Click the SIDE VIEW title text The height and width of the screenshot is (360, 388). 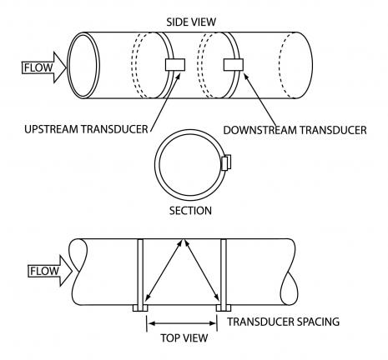point(191,22)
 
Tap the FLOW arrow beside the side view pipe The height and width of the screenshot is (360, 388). point(44,67)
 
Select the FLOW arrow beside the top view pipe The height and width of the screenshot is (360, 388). point(50,271)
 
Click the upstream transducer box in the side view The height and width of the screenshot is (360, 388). point(175,65)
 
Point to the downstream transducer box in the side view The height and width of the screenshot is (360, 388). point(234,65)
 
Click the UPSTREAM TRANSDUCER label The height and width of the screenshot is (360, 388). point(86,129)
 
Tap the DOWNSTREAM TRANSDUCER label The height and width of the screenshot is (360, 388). point(295,130)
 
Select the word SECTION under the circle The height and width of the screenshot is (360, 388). point(190,211)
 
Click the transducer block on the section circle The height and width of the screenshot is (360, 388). point(226,162)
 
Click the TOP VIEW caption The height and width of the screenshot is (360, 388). point(184,337)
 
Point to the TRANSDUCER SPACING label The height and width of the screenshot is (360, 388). point(284,322)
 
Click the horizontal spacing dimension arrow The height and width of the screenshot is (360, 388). point(182,323)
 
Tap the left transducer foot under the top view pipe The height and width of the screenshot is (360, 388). point(140,308)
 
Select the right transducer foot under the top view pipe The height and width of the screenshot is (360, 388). point(224,308)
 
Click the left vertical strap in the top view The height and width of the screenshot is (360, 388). point(140,272)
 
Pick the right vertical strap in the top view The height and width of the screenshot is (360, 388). point(224,272)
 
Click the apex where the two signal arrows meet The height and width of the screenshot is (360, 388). point(183,239)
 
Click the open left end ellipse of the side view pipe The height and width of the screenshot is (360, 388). point(83,65)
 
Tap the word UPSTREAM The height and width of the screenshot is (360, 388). point(50,129)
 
